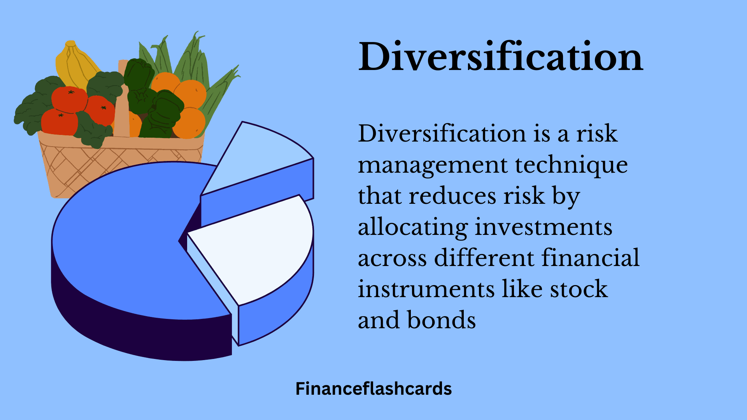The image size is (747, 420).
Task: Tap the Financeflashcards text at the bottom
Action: [x=373, y=389]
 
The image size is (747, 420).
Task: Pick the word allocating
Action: [x=413, y=228]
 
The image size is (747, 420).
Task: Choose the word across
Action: [x=392, y=259]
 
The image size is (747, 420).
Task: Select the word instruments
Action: [x=426, y=289]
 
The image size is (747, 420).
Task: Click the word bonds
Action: [x=441, y=320]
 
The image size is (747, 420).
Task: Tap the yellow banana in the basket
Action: [x=74, y=64]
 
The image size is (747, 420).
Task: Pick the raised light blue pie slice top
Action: [x=261, y=156]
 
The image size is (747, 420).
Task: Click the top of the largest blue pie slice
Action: [x=124, y=241]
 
